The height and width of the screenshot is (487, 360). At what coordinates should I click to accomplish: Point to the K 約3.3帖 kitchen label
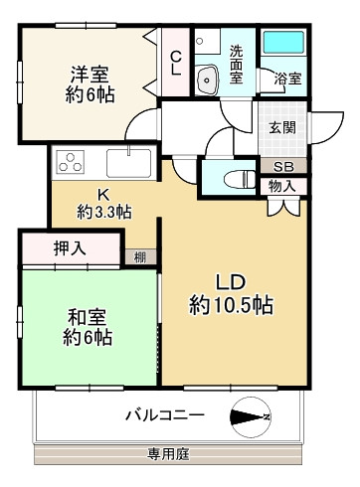[105, 203]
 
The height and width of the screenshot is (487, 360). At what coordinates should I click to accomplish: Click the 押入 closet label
[69, 248]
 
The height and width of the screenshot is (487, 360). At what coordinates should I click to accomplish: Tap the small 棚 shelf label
[141, 256]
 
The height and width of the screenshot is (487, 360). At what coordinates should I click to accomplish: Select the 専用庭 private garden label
[168, 453]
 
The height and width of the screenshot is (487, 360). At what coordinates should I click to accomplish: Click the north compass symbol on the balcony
[248, 415]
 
